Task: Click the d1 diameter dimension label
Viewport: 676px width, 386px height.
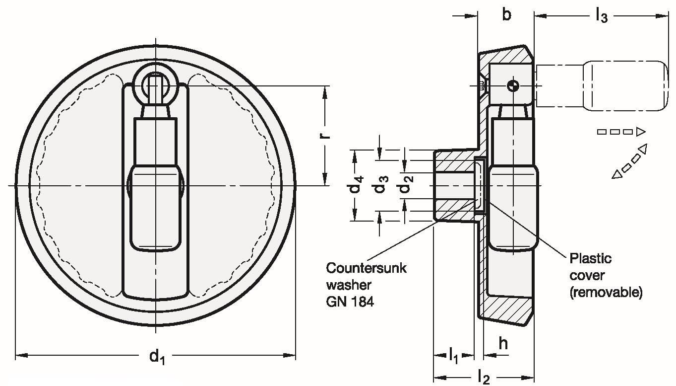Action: (156, 357)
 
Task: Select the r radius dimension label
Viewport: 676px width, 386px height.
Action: (326, 135)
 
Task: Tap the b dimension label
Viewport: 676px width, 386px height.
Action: (506, 15)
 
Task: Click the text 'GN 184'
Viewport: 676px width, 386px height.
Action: (350, 302)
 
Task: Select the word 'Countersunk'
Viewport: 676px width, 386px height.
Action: (366, 268)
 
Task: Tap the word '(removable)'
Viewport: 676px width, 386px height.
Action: (606, 293)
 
